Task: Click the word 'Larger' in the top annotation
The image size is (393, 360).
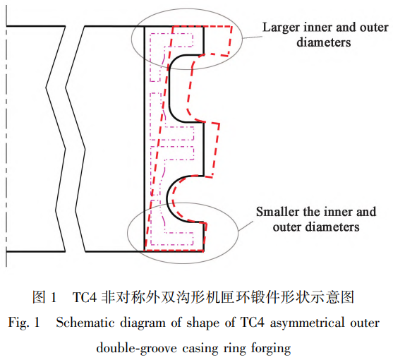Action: coord(281,28)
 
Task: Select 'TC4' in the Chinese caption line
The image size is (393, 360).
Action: coord(85,295)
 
